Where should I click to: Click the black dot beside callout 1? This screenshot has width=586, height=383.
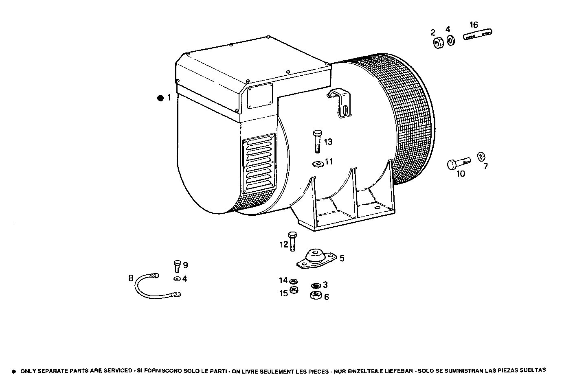tap(160, 98)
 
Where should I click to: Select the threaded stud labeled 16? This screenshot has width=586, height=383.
tap(478, 35)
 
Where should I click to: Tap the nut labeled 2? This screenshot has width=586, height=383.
tap(438, 43)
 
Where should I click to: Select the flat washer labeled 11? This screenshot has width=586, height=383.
tap(317, 164)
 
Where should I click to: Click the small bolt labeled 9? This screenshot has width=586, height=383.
tap(177, 266)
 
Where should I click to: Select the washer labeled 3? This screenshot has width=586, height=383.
tap(315, 286)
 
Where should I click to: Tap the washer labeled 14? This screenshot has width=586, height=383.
tap(294, 281)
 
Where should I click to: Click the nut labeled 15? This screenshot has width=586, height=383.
tap(294, 291)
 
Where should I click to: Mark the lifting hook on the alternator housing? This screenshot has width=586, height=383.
tap(340, 103)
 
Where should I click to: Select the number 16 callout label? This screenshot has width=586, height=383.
tap(473, 25)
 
